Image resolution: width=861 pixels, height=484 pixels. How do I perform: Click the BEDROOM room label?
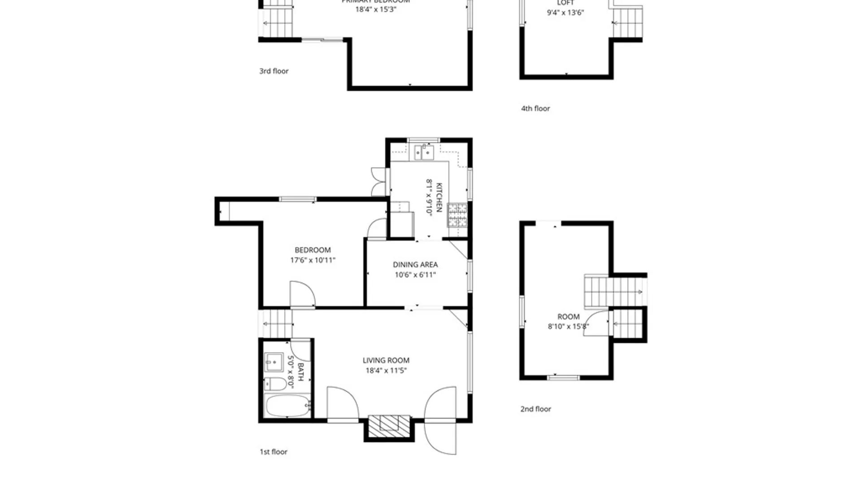[313, 250]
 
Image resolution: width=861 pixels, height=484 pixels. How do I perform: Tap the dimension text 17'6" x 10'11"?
[313, 260]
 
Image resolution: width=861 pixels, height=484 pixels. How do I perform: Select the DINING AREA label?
[415, 265]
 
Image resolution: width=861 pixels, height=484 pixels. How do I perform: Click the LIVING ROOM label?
[386, 360]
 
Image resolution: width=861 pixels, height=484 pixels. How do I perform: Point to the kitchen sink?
[424, 152]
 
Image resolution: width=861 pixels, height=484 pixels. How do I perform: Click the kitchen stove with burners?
[457, 215]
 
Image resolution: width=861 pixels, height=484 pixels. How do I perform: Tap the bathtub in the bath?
[287, 406]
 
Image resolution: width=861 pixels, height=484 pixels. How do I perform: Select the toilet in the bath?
[275, 384]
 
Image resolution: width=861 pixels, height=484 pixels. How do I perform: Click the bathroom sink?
[273, 362]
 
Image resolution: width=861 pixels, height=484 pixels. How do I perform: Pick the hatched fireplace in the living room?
[389, 424]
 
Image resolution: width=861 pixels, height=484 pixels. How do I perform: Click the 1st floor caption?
[274, 452]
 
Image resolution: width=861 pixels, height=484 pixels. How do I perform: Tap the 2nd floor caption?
[535, 409]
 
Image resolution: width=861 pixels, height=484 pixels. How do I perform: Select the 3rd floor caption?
[274, 71]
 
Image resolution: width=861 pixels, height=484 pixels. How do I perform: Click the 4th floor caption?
[535, 108]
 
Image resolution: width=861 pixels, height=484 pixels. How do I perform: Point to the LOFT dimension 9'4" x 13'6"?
[565, 13]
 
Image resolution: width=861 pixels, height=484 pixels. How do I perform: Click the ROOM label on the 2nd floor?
[568, 317]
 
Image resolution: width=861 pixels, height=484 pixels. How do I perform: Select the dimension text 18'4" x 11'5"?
[386, 371]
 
